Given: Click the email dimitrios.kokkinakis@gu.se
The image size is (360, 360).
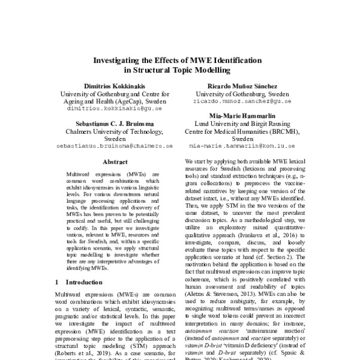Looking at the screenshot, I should click(x=116, y=110).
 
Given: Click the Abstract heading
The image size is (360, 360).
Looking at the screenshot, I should click(x=115, y=162).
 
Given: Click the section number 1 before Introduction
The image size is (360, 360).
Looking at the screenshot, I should click(x=56, y=281).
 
